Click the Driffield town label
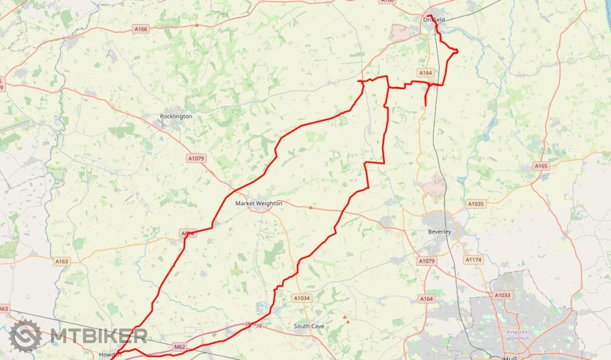tap(432, 20)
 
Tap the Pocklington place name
tap(176, 116)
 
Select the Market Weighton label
tap(259, 203)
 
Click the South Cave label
tap(309, 326)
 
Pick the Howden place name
tap(110, 354)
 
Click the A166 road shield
tap(140, 29)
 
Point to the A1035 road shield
tap(476, 203)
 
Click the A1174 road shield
tap(473, 259)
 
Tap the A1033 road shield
tap(502, 295)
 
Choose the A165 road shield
tap(541, 166)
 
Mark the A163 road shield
tap(61, 261)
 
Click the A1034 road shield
tap(302, 298)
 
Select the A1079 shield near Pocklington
tap(195, 158)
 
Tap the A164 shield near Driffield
tap(426, 73)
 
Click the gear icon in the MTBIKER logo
tap(25, 336)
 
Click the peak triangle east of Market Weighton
tap(311, 208)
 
